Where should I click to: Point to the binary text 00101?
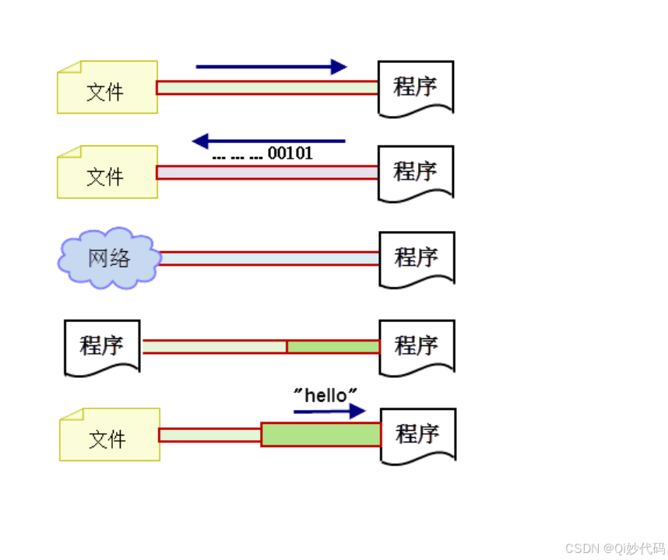[290, 154]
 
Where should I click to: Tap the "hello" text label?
[325, 395]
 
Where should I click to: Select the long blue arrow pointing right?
[271, 67]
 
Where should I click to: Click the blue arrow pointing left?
[268, 141]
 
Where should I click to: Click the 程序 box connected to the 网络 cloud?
[416, 257]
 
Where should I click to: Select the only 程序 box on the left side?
[102, 346]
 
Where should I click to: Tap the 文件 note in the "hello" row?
[109, 435]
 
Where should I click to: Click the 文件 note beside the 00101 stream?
[107, 172]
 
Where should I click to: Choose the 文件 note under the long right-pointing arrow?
[107, 87]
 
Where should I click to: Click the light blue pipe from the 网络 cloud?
[269, 258]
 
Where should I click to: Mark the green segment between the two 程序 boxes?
[333, 346]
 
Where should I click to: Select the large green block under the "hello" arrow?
[321, 434]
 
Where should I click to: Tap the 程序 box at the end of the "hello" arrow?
[417, 434]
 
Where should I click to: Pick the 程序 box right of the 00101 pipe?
[416, 172]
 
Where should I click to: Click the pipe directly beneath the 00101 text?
[268, 172]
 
